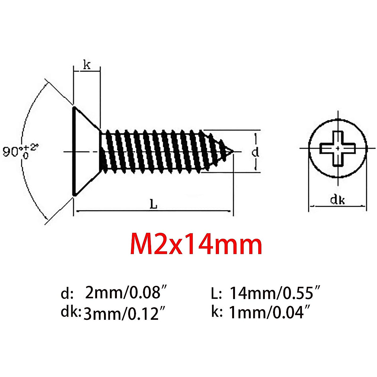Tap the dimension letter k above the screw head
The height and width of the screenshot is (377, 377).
pos(87,65)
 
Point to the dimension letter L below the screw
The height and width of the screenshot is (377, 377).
pos(153,205)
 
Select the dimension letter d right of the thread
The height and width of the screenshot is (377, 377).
pos(256,152)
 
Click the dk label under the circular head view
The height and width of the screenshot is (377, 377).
pos(337,200)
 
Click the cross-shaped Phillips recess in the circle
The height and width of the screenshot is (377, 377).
pos(338,148)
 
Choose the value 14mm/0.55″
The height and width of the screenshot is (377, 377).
pos(275,293)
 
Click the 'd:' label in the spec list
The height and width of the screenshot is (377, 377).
pos(67,294)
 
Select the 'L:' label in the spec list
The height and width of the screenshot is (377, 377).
pos(216,294)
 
